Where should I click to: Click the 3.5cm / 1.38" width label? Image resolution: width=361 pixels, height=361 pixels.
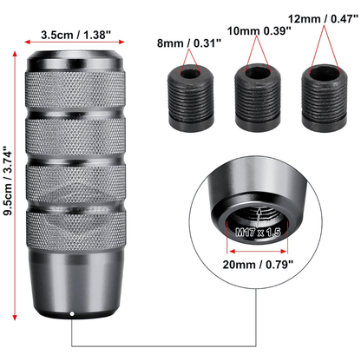click(x=75, y=35)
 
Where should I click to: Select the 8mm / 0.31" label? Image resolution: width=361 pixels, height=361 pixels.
click(x=189, y=43)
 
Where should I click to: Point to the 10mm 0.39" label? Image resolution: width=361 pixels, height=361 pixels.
click(x=259, y=30)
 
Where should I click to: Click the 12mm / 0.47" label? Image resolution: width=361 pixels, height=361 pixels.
click(x=323, y=19)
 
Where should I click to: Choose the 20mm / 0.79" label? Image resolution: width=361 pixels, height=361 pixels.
click(x=258, y=265)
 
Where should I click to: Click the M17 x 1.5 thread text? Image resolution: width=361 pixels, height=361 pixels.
click(x=258, y=232)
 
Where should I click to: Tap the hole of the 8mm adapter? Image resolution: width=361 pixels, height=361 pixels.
click(x=191, y=74)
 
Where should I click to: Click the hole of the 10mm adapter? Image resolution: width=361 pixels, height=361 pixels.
click(x=258, y=73)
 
